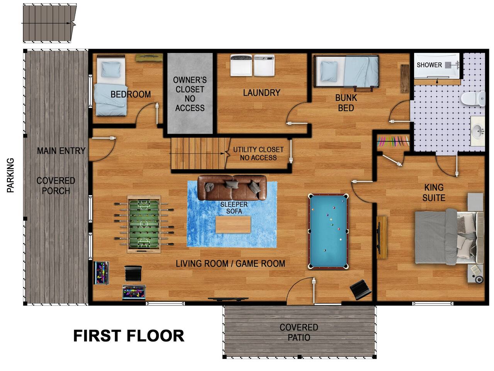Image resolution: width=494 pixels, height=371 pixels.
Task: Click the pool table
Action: click(328, 231)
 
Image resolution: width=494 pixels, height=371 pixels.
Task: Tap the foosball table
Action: click(144, 224)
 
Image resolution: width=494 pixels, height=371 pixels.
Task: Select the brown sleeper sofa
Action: click(232, 188)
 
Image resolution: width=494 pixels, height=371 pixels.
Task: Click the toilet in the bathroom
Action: click(473, 99)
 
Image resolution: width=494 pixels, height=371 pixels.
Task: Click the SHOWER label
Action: click(429, 65)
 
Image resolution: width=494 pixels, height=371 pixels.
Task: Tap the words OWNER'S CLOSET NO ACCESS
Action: click(190, 94)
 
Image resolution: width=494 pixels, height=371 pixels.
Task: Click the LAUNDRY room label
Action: click(261, 93)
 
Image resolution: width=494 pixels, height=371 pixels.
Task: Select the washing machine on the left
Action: click(241, 65)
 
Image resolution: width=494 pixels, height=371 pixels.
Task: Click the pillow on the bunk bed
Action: click(329, 71)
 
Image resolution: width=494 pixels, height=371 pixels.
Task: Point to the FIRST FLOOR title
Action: click(129, 336)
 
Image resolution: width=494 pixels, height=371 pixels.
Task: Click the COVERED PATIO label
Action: click(299, 332)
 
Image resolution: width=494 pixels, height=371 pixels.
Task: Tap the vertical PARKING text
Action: click(10, 175)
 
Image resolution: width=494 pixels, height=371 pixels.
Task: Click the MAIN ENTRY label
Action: click(61, 151)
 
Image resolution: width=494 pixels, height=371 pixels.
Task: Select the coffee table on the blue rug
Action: click(233, 225)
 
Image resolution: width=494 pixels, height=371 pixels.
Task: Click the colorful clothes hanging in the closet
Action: click(393, 141)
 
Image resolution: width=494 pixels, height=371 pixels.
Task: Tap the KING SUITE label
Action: click(434, 192)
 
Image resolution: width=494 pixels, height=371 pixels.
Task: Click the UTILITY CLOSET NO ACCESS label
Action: click(258, 153)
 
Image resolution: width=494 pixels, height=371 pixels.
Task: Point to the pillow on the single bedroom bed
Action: click(111, 69)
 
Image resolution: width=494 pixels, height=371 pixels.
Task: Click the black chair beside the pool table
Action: click(360, 289)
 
